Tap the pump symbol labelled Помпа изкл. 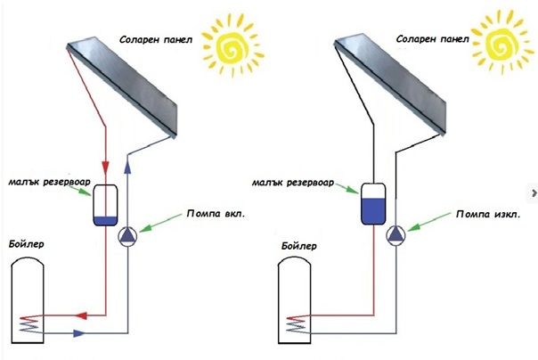(x=395, y=234)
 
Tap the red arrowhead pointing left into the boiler (x=79, y=315)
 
